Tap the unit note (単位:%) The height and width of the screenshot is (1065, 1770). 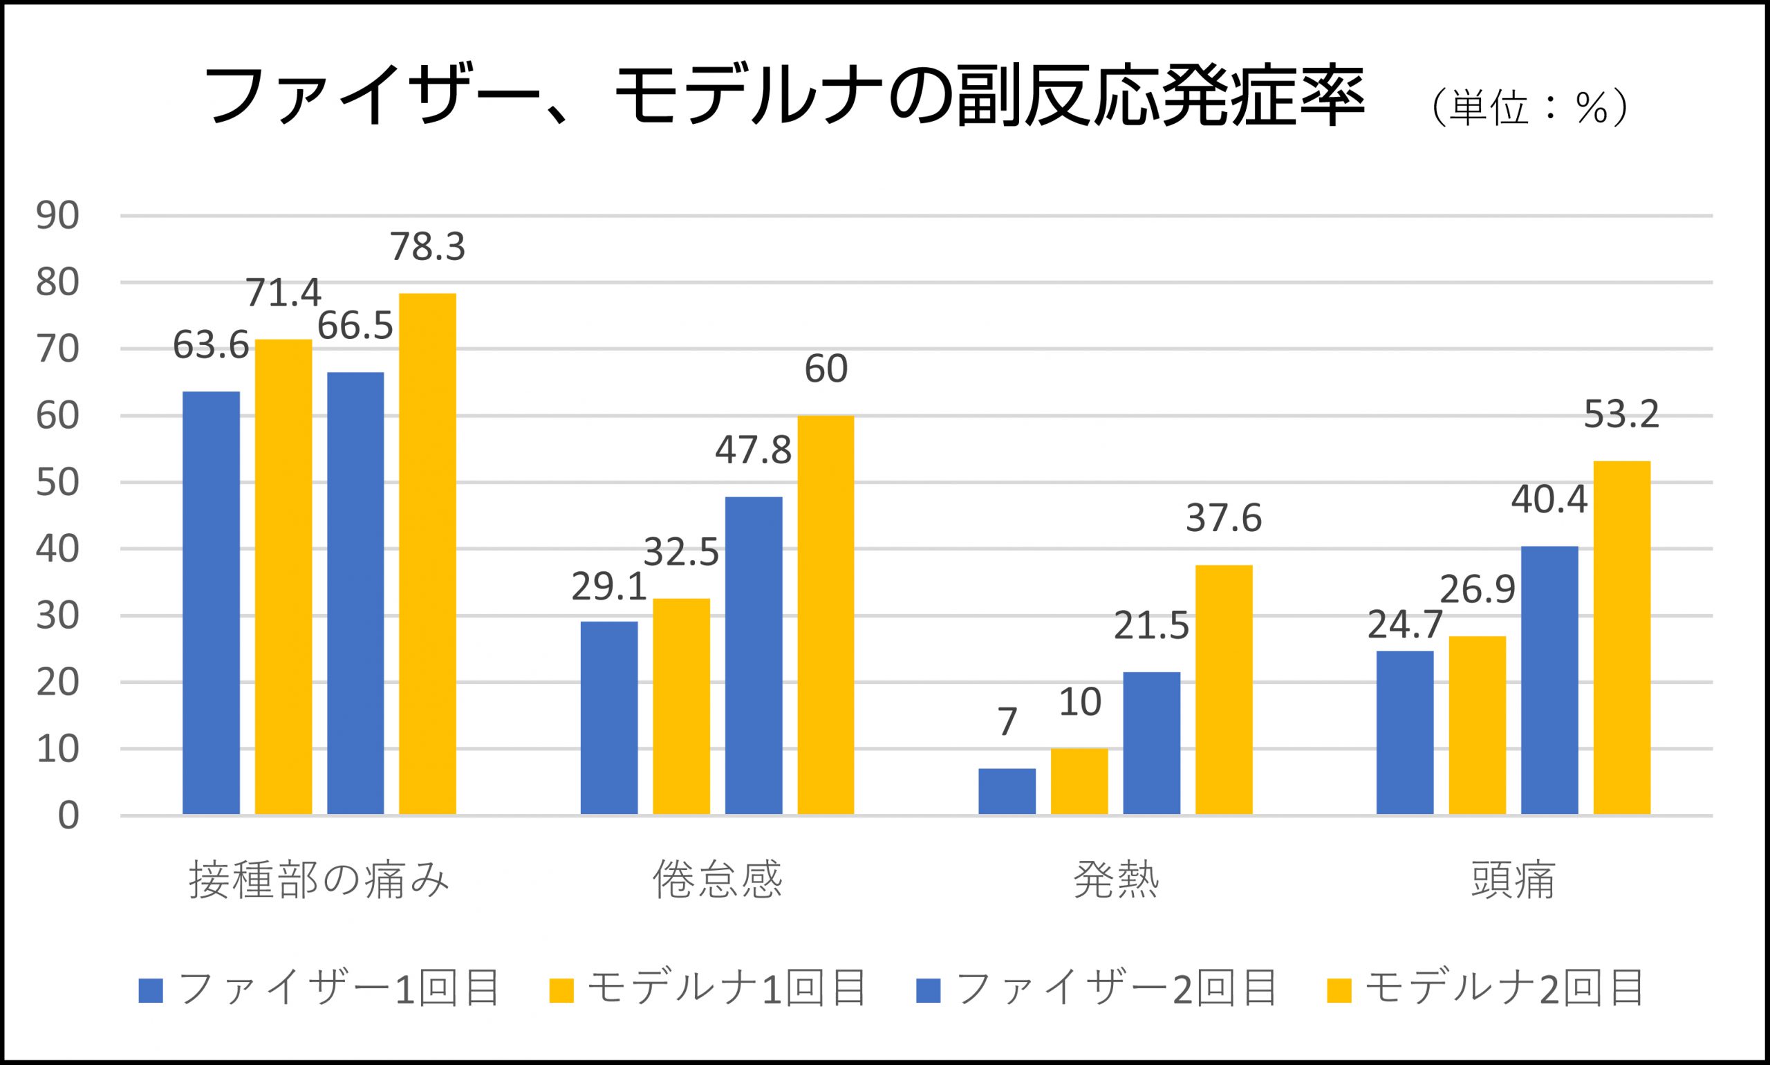[x=1528, y=109]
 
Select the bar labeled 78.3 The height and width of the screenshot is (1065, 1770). [x=427, y=553]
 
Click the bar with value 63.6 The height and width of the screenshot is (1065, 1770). [x=211, y=603]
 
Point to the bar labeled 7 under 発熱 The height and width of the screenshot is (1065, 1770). [x=1007, y=791]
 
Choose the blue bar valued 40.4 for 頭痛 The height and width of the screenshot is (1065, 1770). [x=1549, y=680]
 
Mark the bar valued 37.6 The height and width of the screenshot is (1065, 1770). [x=1223, y=689]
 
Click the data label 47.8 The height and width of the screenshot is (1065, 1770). [x=753, y=451]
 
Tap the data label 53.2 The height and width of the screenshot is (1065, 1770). [x=1621, y=414]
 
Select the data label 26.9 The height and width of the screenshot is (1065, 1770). [x=1478, y=589]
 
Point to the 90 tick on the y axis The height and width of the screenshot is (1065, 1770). [x=57, y=216]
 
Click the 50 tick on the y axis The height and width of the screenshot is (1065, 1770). [x=57, y=482]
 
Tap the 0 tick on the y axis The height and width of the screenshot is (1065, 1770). [x=68, y=816]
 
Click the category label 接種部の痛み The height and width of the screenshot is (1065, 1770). [x=319, y=880]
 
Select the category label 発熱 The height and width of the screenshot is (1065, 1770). [x=1116, y=880]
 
